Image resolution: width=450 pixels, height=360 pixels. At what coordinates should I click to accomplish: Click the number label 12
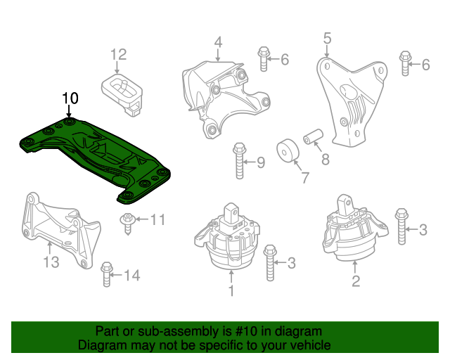pos(118,53)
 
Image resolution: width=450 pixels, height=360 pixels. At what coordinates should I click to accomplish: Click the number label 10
pos(70,98)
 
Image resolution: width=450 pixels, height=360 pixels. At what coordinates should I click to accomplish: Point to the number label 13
pos(51,264)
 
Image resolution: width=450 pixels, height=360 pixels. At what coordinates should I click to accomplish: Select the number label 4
pos(218,42)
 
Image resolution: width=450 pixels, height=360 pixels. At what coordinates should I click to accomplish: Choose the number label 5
pos(327,37)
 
